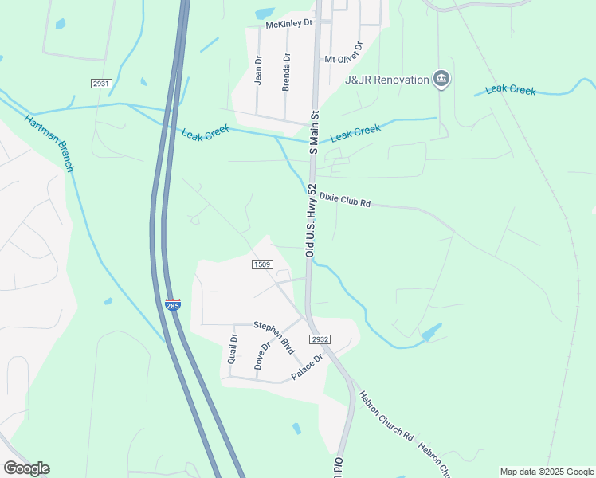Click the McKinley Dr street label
click(x=289, y=24)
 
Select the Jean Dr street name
click(x=257, y=69)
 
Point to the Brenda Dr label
click(x=286, y=72)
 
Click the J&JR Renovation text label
click(x=386, y=80)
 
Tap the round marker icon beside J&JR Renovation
click(x=441, y=79)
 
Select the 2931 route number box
click(x=101, y=83)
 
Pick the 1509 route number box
click(x=263, y=264)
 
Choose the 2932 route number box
click(x=320, y=339)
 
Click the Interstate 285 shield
click(x=173, y=304)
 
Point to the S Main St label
click(x=314, y=131)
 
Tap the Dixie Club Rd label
click(x=345, y=199)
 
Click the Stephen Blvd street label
click(x=274, y=336)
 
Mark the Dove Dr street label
click(x=258, y=356)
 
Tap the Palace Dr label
click(x=307, y=367)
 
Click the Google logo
click(x=26, y=468)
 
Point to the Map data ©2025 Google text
click(x=546, y=472)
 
